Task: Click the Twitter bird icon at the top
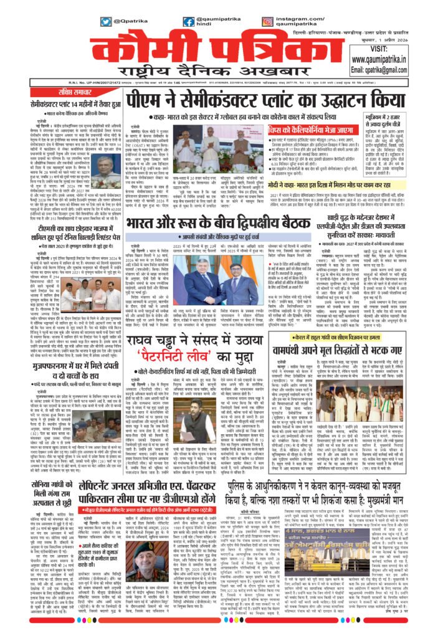107,21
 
